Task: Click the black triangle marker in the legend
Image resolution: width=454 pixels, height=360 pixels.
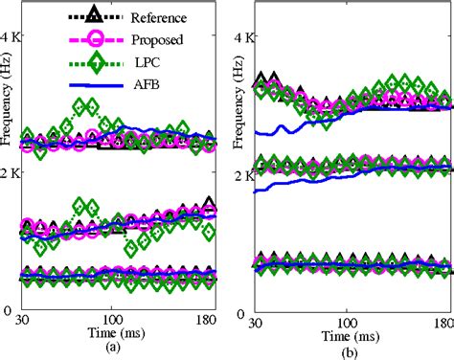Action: click(93, 15)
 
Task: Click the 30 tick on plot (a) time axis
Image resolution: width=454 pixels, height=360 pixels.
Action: click(27, 321)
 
